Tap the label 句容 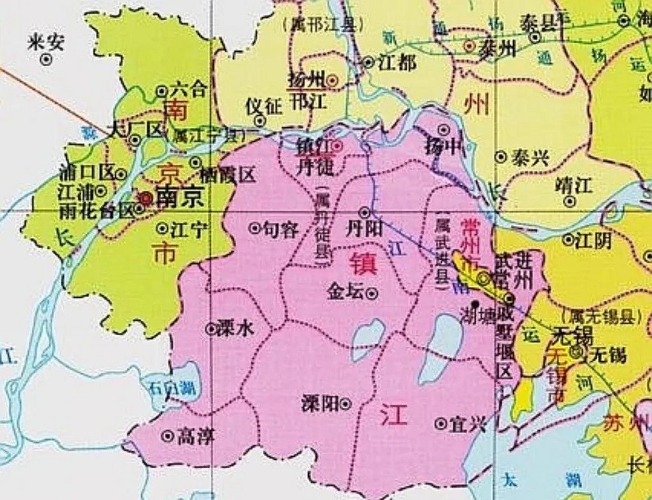[x=280, y=229]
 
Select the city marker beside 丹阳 [x=365, y=212]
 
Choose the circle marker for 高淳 [x=168, y=436]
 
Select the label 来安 [x=46, y=42]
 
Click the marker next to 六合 [x=161, y=91]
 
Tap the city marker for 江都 [x=368, y=62]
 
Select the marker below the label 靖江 [x=570, y=202]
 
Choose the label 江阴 [x=593, y=240]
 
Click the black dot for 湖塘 [x=475, y=303]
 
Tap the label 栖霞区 [x=227, y=176]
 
